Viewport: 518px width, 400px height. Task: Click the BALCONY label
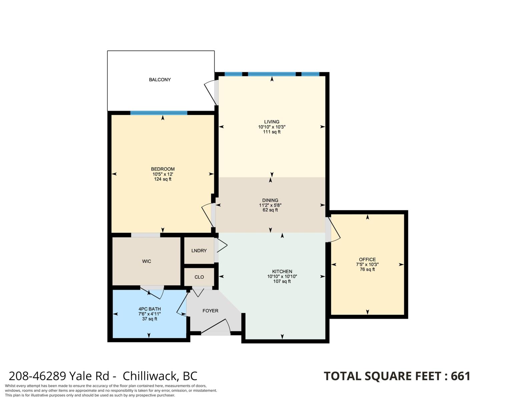click(160, 80)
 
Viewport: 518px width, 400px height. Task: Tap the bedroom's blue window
click(158, 113)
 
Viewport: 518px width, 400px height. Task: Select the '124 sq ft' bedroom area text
click(162, 179)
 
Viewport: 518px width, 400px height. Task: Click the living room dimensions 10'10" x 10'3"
click(272, 127)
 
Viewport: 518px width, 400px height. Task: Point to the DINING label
click(270, 200)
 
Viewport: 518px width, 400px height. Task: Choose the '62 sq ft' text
click(270, 210)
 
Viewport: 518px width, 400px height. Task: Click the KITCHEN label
click(282, 271)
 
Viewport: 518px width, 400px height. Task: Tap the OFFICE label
click(367, 259)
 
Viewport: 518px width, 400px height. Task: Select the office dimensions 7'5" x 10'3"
click(367, 264)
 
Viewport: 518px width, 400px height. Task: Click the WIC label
click(146, 261)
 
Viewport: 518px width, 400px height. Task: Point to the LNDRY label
click(199, 251)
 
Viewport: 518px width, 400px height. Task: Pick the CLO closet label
click(199, 277)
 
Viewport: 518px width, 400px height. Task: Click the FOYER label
click(210, 311)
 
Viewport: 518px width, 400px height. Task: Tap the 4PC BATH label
click(149, 309)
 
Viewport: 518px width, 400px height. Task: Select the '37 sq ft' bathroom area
click(149, 319)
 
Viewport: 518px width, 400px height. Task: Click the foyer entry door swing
click(215, 326)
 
